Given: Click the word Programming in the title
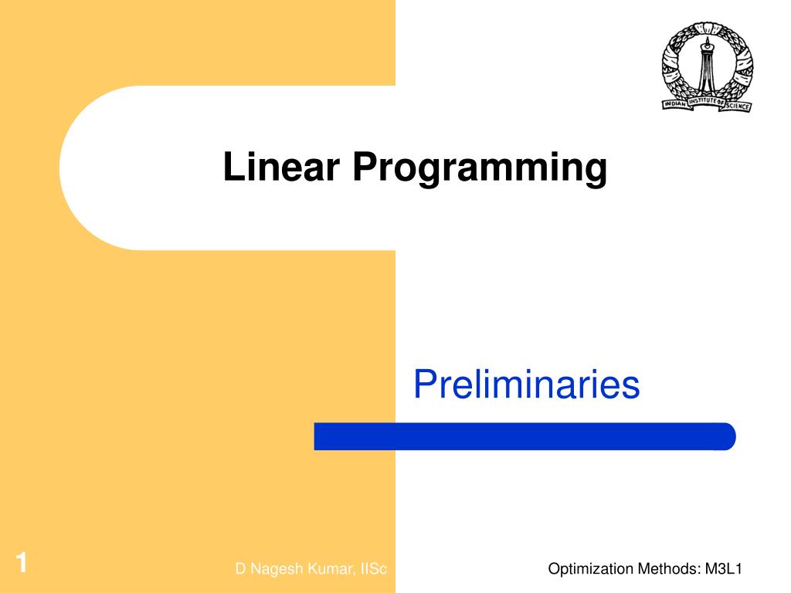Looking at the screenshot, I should (479, 168).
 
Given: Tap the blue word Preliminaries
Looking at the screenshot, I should (526, 385).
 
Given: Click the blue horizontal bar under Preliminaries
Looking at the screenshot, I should (525, 436).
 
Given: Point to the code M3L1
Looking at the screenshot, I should (723, 570).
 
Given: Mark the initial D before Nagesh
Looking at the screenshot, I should (240, 570).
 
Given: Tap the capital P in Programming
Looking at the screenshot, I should (364, 167).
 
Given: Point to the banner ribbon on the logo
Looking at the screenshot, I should (706, 101).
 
